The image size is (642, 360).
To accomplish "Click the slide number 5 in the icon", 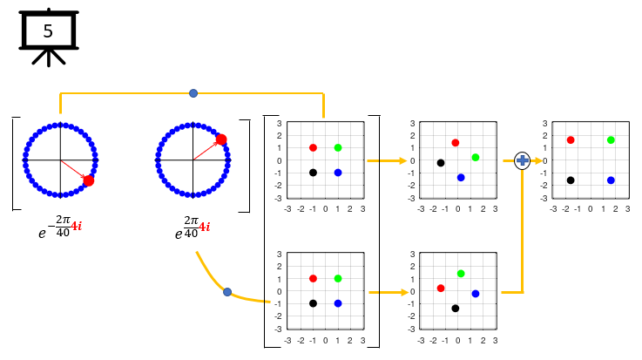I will [48, 31].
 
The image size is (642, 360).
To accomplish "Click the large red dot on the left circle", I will [88, 180].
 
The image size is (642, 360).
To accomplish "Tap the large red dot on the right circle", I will [221, 139].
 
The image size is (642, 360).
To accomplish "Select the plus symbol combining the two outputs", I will [523, 160].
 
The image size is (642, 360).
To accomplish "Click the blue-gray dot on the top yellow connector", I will [193, 92].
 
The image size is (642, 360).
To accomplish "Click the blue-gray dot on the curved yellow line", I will [227, 292].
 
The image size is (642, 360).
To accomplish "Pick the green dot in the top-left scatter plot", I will [338, 147].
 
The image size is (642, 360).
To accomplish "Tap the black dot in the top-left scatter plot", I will [313, 173].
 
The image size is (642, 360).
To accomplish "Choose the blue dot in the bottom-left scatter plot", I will [338, 303].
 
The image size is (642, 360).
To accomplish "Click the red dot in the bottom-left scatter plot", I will [313, 278].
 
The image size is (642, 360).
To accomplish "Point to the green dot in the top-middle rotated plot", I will [476, 157].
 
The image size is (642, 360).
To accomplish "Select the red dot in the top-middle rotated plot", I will [455, 142].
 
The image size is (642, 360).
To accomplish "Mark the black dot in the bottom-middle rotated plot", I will [455, 309].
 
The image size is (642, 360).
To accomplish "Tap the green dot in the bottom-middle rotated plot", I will [461, 274].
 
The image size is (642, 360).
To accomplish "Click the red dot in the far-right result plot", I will [571, 139].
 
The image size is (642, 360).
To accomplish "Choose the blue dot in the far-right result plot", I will [611, 180].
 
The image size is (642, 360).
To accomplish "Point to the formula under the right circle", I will [192, 228].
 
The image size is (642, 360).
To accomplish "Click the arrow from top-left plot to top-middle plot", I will [386, 160].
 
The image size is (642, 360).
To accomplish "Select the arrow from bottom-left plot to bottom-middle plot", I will [386, 292].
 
